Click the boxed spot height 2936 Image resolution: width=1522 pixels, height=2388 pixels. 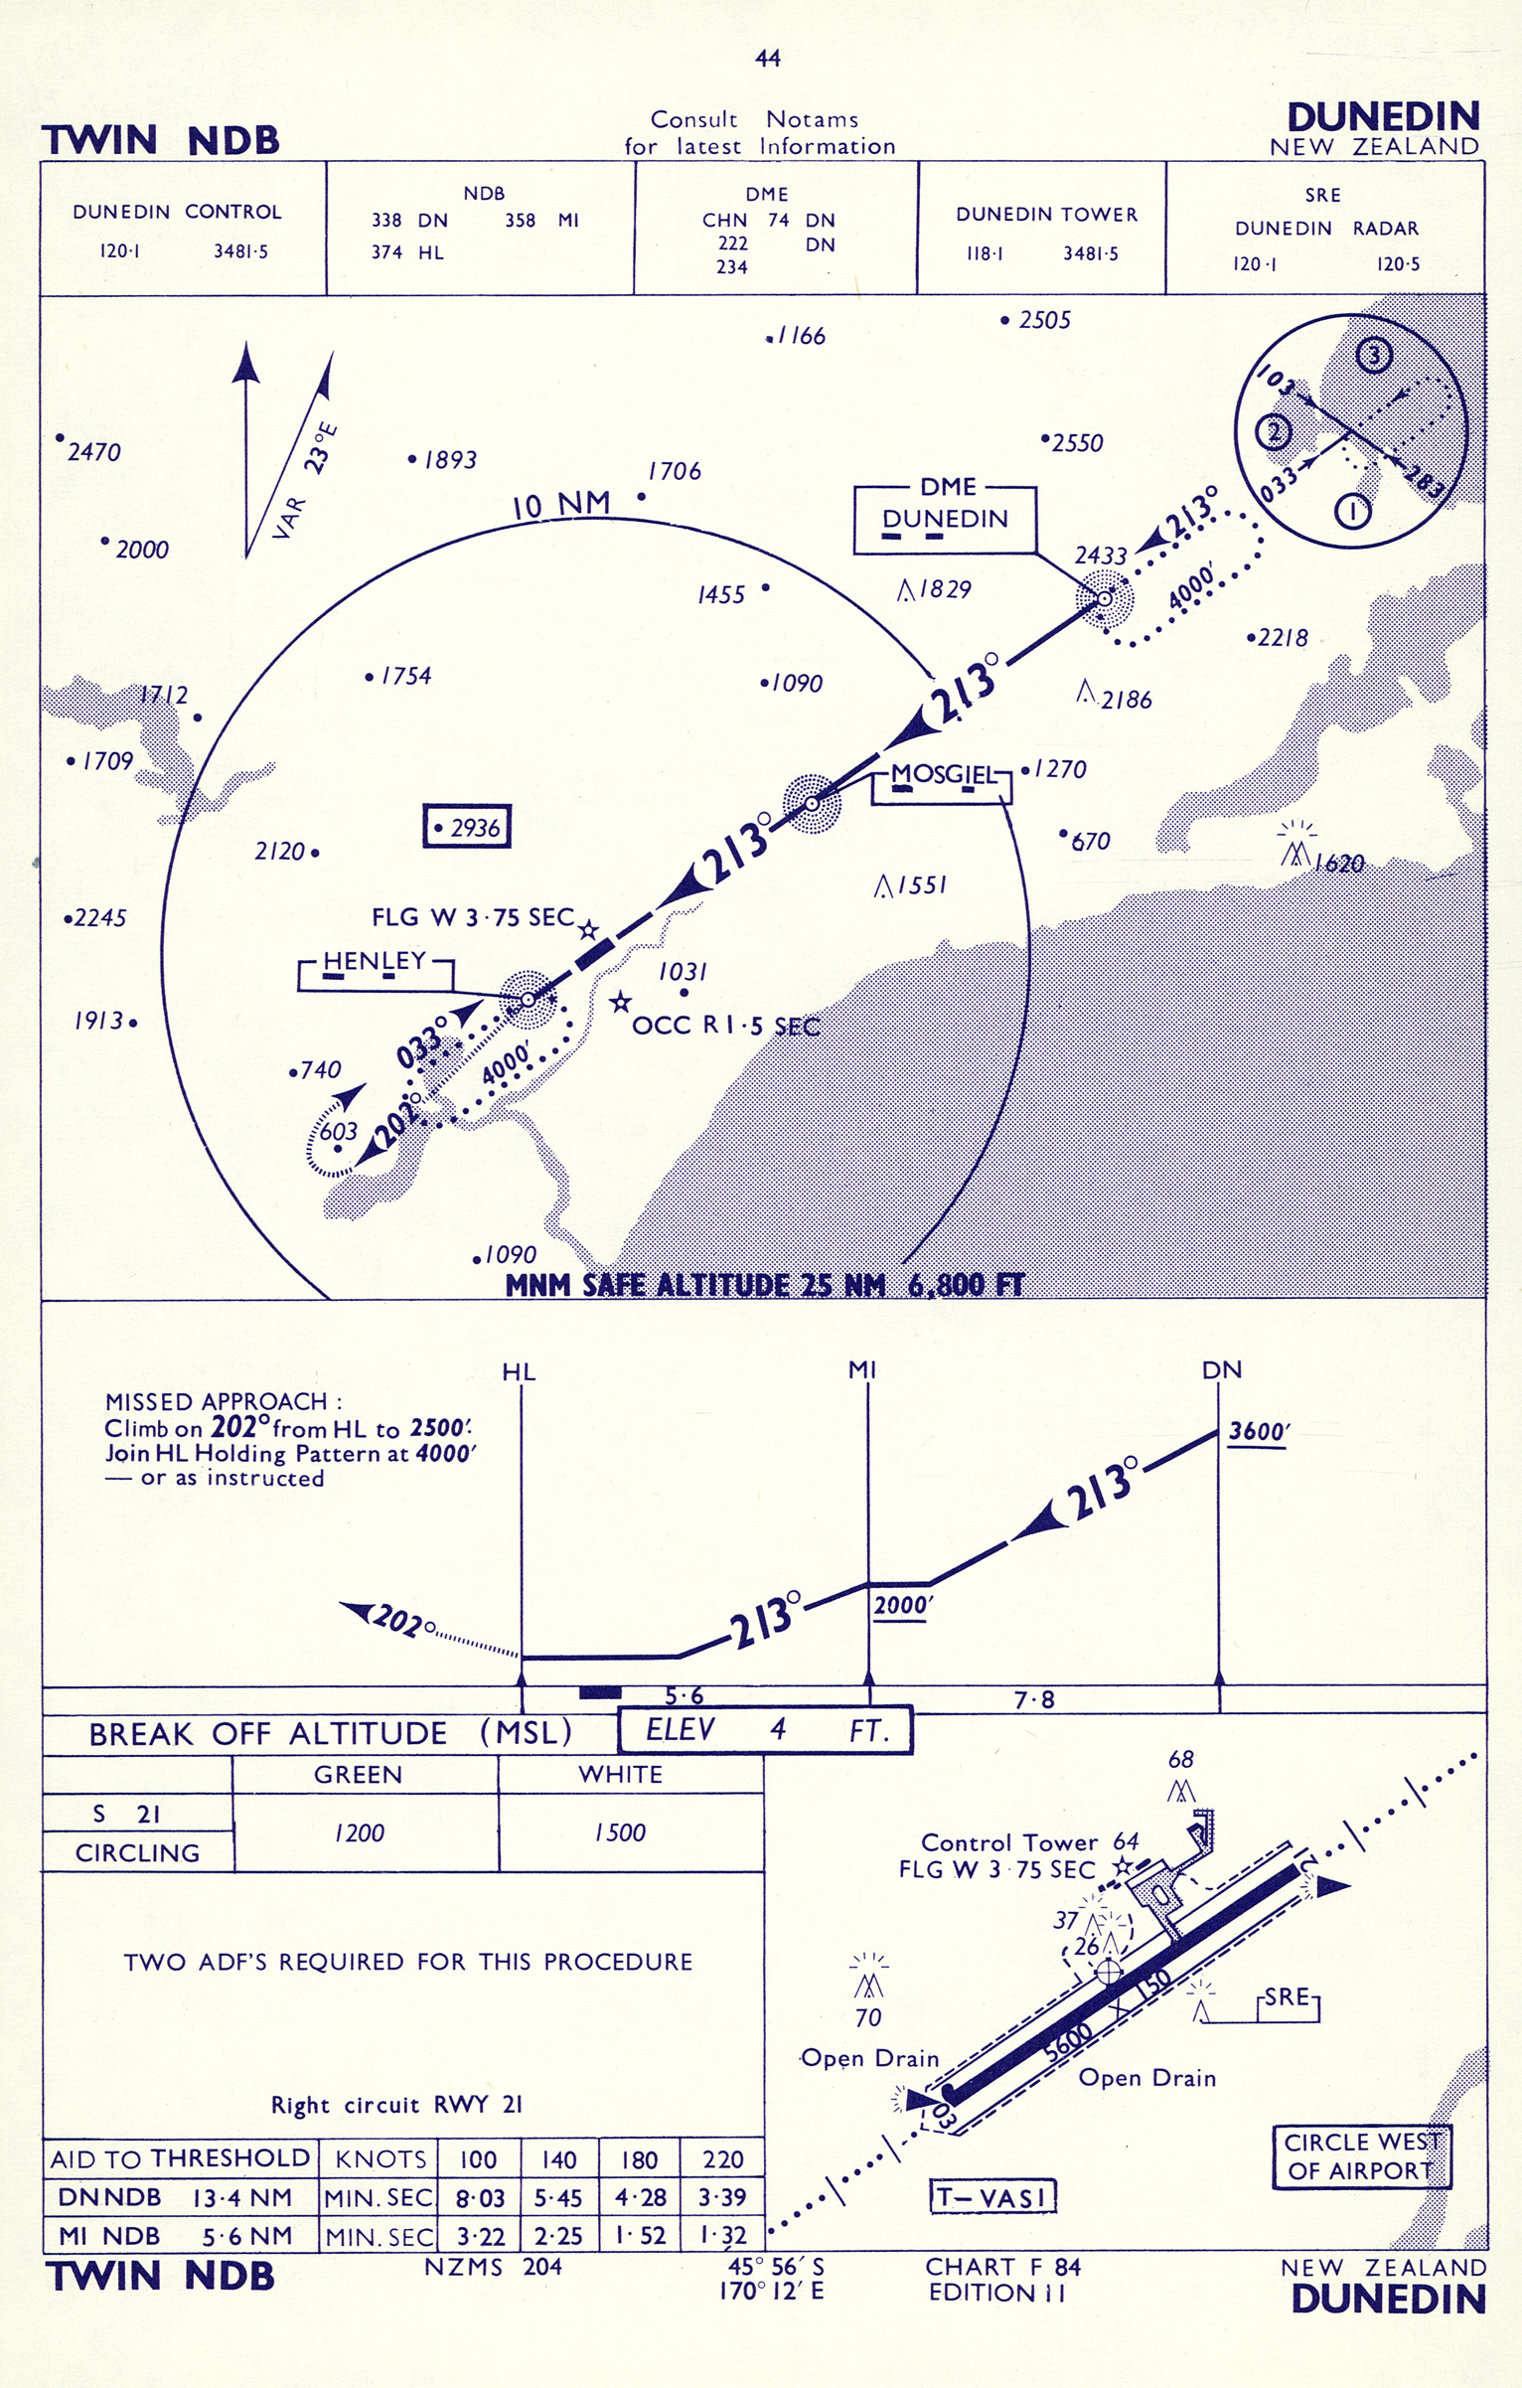(x=467, y=826)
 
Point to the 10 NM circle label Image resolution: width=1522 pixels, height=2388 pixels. (x=560, y=505)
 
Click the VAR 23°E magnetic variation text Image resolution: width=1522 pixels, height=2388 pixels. (x=306, y=481)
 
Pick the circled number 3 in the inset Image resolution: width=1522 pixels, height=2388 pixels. (x=1374, y=355)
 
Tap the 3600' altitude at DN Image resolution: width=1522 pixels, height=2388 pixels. (x=1259, y=1432)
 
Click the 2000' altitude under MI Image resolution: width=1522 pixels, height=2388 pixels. (x=902, y=1606)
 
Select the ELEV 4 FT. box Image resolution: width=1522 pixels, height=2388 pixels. (x=765, y=1730)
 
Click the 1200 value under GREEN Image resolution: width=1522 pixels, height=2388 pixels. (x=359, y=1832)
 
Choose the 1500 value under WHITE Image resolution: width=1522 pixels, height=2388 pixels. (x=620, y=1832)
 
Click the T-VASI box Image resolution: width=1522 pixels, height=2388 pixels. (x=992, y=2196)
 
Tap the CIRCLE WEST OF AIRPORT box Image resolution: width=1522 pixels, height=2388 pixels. (x=1362, y=2157)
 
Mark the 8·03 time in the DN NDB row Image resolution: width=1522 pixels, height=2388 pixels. (x=480, y=2198)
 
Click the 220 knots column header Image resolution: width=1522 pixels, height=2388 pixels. (x=722, y=2159)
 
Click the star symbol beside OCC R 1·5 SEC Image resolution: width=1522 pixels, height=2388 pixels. (x=620, y=1002)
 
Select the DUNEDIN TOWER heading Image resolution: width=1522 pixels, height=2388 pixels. (x=1046, y=215)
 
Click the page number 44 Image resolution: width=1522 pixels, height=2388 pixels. (x=768, y=59)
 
